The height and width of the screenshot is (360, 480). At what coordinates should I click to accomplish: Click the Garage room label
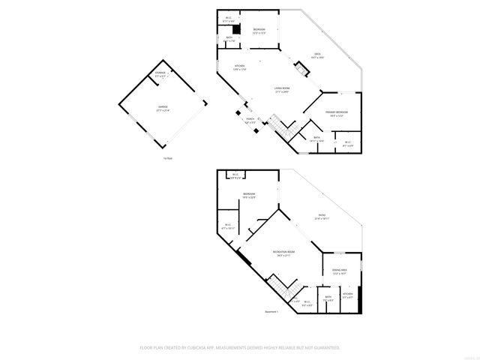[x=163, y=109]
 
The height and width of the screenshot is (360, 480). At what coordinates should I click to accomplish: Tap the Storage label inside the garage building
[x=160, y=75]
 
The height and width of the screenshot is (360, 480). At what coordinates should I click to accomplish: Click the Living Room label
[x=282, y=90]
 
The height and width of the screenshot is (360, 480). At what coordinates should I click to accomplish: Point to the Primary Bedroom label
[x=337, y=114]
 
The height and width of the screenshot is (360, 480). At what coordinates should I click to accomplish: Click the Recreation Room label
[x=283, y=253]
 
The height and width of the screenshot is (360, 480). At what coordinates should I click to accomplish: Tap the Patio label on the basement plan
[x=322, y=217]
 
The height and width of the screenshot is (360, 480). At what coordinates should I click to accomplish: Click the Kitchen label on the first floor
[x=240, y=67]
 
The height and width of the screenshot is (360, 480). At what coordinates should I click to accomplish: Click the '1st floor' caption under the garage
[x=168, y=158]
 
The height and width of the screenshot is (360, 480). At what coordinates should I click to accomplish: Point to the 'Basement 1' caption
[x=271, y=311]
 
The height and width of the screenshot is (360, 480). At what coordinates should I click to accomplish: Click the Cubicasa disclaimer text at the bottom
[x=240, y=348]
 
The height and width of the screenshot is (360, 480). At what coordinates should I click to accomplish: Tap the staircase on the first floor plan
[x=278, y=124]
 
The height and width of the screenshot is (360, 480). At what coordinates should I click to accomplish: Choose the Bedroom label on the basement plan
[x=249, y=196]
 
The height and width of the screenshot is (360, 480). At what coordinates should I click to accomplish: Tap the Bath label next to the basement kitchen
[x=328, y=299]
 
